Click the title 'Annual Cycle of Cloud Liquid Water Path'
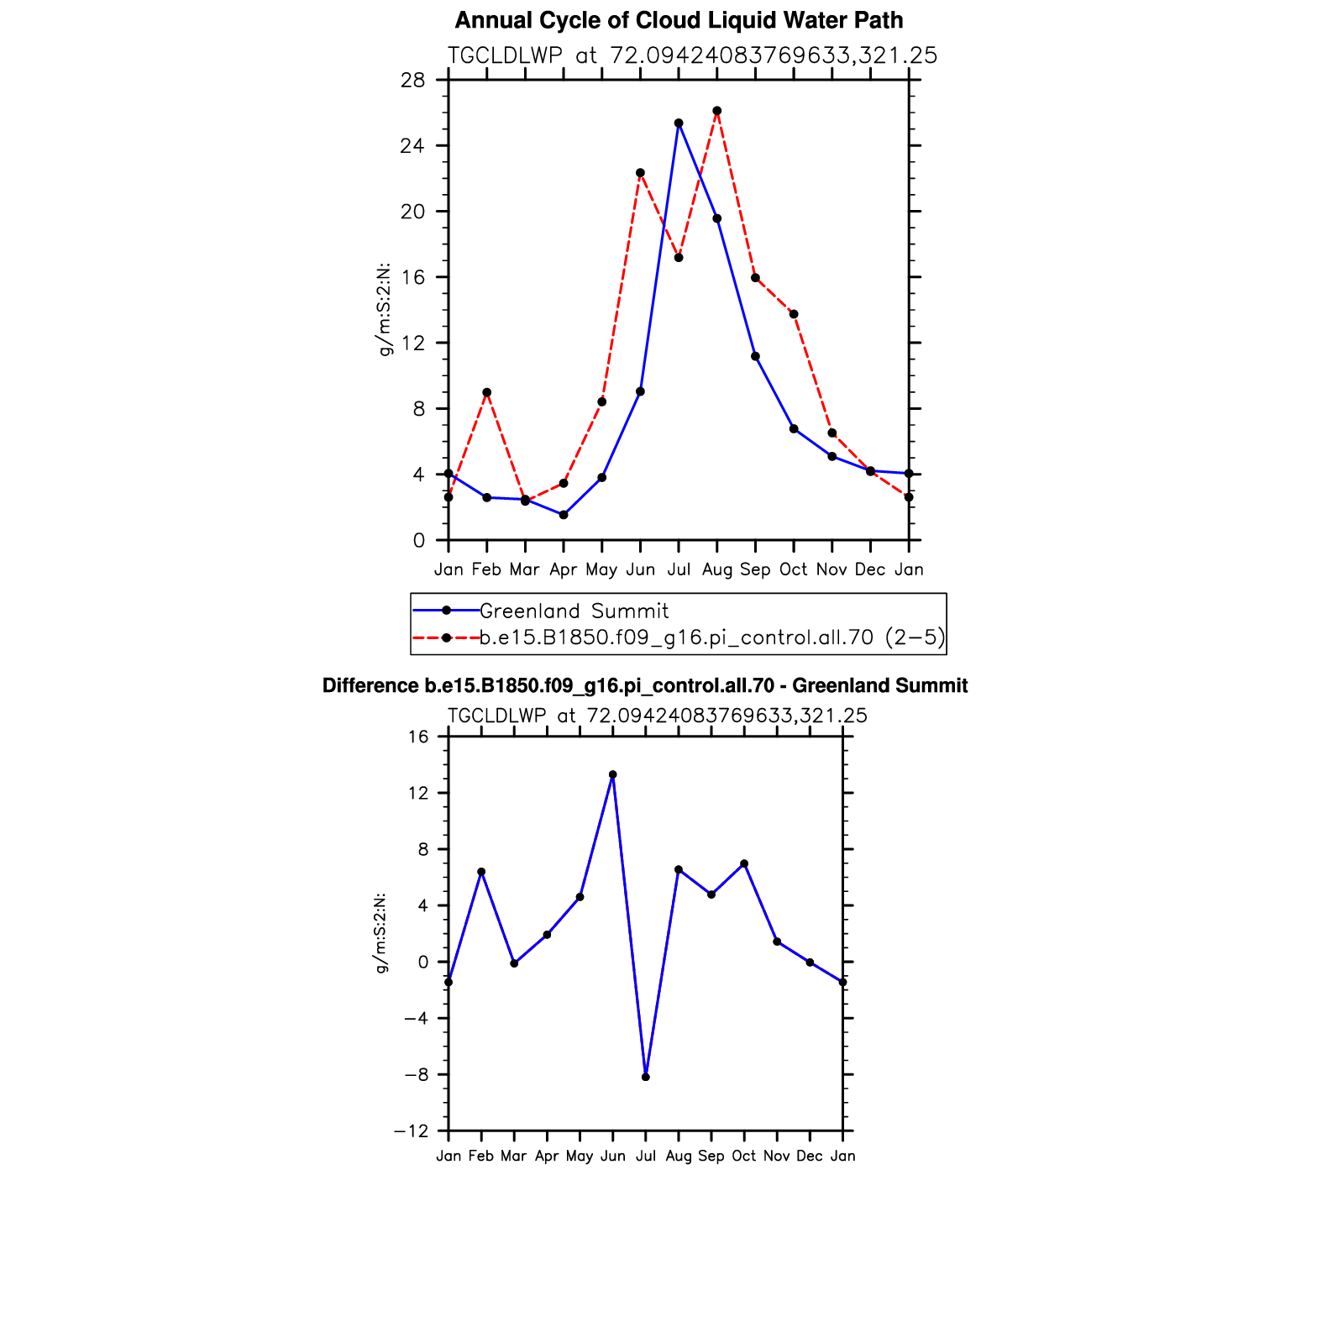(679, 20)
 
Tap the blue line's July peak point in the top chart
(679, 123)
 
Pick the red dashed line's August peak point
(717, 111)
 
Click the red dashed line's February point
(487, 392)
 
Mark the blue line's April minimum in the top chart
(564, 515)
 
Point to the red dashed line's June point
(640, 173)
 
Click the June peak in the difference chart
(613, 774)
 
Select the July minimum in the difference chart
(646, 1077)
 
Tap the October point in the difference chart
(744, 864)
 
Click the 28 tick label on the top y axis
(413, 81)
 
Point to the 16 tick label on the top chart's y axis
(413, 277)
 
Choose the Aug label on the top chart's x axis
(717, 569)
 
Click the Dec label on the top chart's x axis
(870, 569)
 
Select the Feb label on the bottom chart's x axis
(481, 1157)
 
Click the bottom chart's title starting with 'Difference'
(645, 686)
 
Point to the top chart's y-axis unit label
(386, 310)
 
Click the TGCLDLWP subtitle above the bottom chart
(658, 716)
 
